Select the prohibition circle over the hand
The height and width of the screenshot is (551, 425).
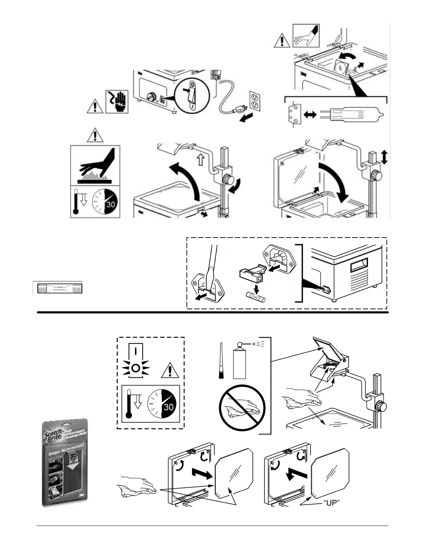242,408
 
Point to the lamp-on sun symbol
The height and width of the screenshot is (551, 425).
135,368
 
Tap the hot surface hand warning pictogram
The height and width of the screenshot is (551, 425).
95,166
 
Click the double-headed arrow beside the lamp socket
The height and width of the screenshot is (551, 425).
310,114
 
